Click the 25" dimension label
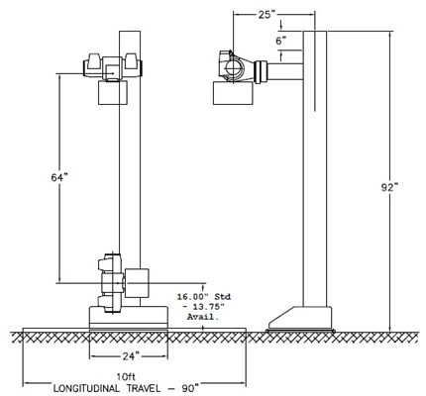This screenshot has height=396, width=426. click(266, 15)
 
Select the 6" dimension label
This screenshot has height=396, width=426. click(281, 41)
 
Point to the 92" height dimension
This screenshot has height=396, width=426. click(389, 187)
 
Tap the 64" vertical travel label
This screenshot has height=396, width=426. click(59, 177)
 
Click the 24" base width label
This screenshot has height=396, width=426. click(129, 356)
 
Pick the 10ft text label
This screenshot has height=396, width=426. click(126, 376)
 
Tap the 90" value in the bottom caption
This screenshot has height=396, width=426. click(187, 387)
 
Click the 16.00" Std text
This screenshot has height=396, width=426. click(204, 296)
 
